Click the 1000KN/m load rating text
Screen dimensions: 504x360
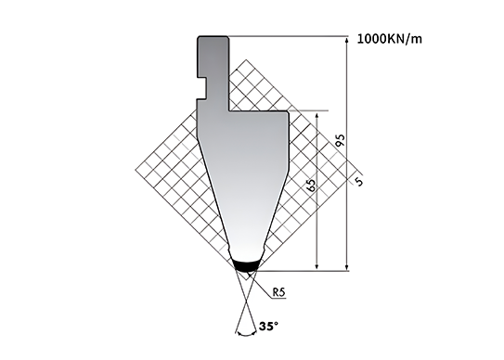(389, 39)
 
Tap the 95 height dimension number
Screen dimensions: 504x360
(340, 140)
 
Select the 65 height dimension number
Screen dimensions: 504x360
(311, 185)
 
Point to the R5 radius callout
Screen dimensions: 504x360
(279, 292)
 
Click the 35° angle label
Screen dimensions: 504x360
(268, 327)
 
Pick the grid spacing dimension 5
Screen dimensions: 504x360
(359, 182)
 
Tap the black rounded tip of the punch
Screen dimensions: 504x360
(247, 265)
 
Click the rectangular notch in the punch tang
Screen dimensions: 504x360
(201, 88)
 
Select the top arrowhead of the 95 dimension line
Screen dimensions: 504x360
(347, 41)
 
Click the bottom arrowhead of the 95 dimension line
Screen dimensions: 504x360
(347, 267)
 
